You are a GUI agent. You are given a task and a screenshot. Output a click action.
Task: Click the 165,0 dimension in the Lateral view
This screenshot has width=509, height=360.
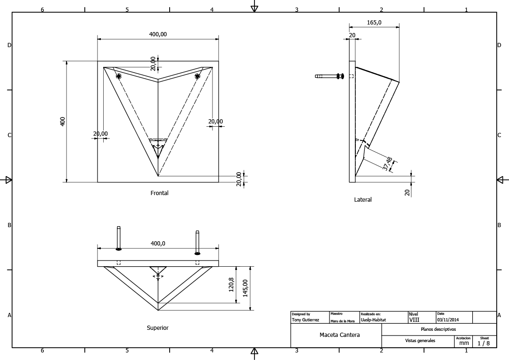(x=374, y=22)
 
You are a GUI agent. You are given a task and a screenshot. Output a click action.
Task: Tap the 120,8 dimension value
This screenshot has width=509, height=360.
(x=231, y=285)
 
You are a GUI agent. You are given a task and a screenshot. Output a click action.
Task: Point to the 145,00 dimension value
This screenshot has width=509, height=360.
(x=245, y=288)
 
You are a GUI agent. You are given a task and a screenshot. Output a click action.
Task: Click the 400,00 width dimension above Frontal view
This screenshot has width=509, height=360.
(x=158, y=34)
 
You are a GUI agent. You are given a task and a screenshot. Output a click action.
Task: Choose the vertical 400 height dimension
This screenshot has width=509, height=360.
(x=63, y=121)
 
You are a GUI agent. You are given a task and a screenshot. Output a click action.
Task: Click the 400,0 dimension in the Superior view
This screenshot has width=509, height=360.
(x=158, y=244)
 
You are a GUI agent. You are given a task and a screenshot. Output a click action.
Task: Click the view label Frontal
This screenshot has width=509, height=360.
(x=159, y=193)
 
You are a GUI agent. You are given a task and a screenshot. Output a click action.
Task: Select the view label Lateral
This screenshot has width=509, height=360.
(x=363, y=200)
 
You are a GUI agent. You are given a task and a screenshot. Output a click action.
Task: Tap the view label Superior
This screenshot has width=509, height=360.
(x=157, y=328)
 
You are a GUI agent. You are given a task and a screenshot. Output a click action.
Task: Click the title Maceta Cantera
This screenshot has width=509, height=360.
(x=339, y=335)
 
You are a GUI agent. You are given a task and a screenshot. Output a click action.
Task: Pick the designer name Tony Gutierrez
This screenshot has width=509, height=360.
(x=305, y=320)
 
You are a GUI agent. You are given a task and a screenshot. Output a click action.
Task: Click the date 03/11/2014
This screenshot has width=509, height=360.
(x=448, y=320)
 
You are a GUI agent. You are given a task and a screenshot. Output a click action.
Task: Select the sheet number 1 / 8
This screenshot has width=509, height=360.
(x=484, y=344)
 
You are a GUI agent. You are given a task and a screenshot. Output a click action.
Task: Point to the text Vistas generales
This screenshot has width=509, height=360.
(x=420, y=341)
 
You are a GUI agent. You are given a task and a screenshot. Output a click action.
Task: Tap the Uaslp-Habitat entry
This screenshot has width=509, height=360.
(x=373, y=320)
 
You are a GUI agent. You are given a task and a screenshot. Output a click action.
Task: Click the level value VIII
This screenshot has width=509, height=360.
(x=414, y=319)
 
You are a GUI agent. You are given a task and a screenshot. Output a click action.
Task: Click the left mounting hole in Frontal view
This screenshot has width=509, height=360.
(x=118, y=76)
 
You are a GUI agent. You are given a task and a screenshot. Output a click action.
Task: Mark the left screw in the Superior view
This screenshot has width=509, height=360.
(x=119, y=238)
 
